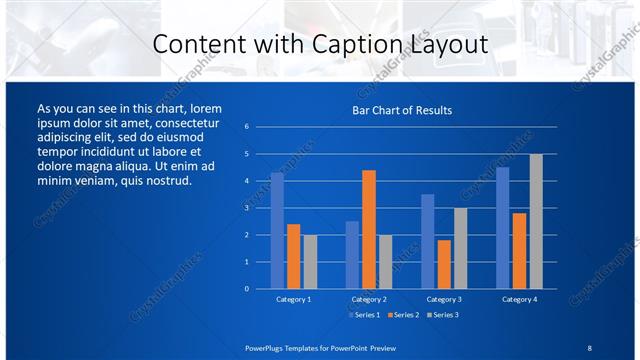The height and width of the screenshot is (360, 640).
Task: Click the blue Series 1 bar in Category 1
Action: (277, 231)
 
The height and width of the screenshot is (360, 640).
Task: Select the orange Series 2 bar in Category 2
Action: (368, 229)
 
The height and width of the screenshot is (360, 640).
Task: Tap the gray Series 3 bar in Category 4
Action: (536, 221)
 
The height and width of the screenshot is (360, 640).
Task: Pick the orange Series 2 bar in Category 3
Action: (444, 264)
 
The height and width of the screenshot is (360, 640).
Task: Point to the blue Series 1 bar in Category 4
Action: (502, 228)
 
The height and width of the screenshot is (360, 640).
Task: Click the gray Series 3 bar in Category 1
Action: (310, 262)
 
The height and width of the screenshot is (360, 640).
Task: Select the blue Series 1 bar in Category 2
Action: (352, 255)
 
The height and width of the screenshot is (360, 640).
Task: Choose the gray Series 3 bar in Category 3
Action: (460, 248)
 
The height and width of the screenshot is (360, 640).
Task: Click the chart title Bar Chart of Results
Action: (402, 110)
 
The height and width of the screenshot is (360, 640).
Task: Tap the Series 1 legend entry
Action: (364, 315)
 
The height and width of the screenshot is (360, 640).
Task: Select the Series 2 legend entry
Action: (402, 315)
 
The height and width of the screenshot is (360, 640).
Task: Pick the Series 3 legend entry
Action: (441, 315)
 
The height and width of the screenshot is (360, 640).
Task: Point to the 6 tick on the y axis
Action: (246, 127)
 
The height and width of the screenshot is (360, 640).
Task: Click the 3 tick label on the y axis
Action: (246, 208)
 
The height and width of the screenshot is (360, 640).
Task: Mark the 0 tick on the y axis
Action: (246, 289)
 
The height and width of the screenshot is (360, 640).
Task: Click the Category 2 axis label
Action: (368, 299)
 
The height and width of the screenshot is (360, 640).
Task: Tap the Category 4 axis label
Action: (519, 299)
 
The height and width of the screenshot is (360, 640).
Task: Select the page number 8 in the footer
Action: (589, 347)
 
